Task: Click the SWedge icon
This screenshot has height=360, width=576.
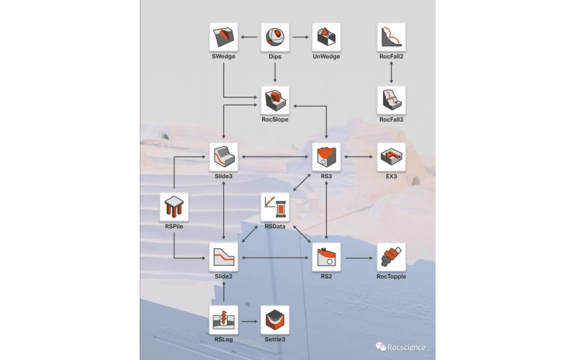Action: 223,37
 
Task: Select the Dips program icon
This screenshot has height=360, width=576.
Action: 274,37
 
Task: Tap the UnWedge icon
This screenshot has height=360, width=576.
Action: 326,37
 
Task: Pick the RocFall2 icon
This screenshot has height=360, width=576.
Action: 391,37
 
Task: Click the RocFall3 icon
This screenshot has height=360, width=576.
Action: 391,100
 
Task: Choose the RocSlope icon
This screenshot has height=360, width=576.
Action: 274,100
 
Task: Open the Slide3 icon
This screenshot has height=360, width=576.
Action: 223,156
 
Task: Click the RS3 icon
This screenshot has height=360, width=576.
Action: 326,156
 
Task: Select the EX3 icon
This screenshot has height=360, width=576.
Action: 391,156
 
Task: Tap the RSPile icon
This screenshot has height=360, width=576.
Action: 174,207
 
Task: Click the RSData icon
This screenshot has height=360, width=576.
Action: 274,207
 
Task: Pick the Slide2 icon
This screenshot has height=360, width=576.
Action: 223,257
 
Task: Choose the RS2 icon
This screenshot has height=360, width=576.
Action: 326,257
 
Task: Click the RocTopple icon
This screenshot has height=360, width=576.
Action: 391,257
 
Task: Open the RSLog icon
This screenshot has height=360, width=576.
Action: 223,320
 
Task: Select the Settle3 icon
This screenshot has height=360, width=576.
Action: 274,320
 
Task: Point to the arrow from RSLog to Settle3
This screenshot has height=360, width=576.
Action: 248,320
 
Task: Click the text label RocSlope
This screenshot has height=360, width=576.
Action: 274,120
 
